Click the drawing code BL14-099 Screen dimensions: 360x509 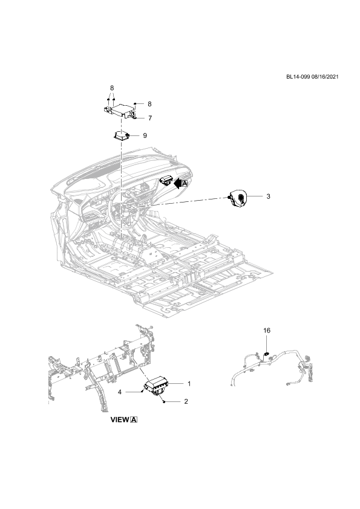point(298,77)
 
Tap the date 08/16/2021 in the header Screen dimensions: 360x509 point(324,77)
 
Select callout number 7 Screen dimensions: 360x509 point(150,118)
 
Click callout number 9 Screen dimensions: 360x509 point(145,135)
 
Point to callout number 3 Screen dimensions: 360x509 point(268,196)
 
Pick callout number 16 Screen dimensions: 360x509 point(267,331)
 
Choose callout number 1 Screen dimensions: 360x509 point(189,384)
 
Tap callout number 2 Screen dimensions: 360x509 point(186,401)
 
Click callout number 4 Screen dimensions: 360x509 point(120,392)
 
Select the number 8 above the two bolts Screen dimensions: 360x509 point(112,88)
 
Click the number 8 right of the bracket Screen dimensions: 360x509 point(149,104)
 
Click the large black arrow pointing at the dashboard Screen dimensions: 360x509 point(177,183)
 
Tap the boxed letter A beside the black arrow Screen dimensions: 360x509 point(185,183)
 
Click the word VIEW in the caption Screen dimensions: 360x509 point(120,420)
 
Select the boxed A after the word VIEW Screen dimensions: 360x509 point(134,420)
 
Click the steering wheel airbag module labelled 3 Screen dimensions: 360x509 point(238,199)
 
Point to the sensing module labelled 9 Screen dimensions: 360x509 point(122,135)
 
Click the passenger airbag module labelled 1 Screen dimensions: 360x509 point(156,385)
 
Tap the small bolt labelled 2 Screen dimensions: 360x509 point(164,402)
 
